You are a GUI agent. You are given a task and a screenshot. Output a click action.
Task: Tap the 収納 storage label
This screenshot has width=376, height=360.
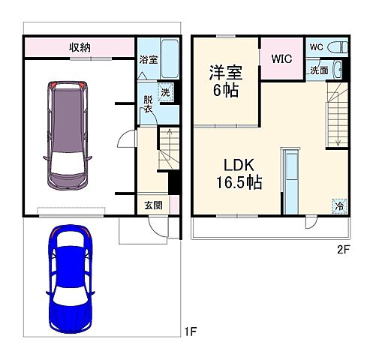tap(80, 47)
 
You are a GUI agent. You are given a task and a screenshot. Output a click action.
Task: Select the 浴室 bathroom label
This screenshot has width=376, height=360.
tap(148, 58)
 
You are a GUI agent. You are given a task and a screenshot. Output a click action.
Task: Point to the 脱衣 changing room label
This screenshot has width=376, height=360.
tap(148, 104)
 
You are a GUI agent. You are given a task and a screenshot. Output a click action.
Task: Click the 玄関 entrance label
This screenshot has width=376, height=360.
tap(152, 204)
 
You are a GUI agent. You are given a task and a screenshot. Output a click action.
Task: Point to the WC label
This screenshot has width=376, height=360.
tap(316, 46)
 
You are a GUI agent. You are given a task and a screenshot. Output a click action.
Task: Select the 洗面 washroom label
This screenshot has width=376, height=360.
tap(318, 70)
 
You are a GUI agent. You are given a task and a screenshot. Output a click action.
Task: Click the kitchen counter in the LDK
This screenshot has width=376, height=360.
tap(290, 181)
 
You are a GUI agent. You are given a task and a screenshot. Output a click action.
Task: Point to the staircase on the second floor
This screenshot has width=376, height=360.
tap(336, 116)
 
